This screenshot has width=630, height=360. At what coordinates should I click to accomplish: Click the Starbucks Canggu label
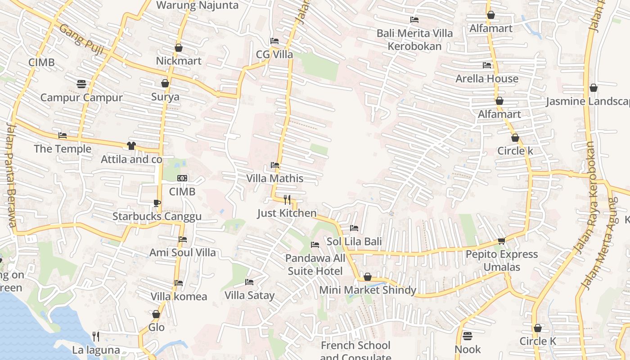click(157, 216)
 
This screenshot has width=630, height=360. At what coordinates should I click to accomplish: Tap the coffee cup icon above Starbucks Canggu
click(157, 203)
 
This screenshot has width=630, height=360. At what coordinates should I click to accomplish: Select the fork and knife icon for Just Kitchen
click(287, 199)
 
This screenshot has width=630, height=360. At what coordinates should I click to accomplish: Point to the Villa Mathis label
click(274, 178)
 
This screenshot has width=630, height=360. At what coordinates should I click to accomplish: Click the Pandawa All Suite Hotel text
click(315, 265)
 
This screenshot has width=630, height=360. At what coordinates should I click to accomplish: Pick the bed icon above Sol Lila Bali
click(354, 228)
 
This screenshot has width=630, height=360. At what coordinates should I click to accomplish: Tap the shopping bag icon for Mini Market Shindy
click(368, 277)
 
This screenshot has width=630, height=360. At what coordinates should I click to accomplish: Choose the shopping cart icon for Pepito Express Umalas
click(502, 241)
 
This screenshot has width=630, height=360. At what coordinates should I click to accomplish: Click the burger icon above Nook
click(468, 336)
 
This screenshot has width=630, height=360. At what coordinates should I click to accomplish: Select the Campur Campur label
click(81, 98)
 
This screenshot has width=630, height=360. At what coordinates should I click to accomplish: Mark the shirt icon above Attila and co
click(131, 145)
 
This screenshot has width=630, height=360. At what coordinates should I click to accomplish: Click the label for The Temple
click(63, 149)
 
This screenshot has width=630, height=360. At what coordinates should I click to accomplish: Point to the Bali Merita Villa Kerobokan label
click(414, 40)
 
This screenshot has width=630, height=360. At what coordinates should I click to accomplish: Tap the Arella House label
click(487, 79)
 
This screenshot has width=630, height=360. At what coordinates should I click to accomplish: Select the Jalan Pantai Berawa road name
click(11, 175)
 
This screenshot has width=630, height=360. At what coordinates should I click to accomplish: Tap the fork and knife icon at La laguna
click(96, 336)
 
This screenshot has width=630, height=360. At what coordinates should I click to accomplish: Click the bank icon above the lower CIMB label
click(182, 178)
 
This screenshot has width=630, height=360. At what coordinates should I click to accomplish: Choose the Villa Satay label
click(249, 296)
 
